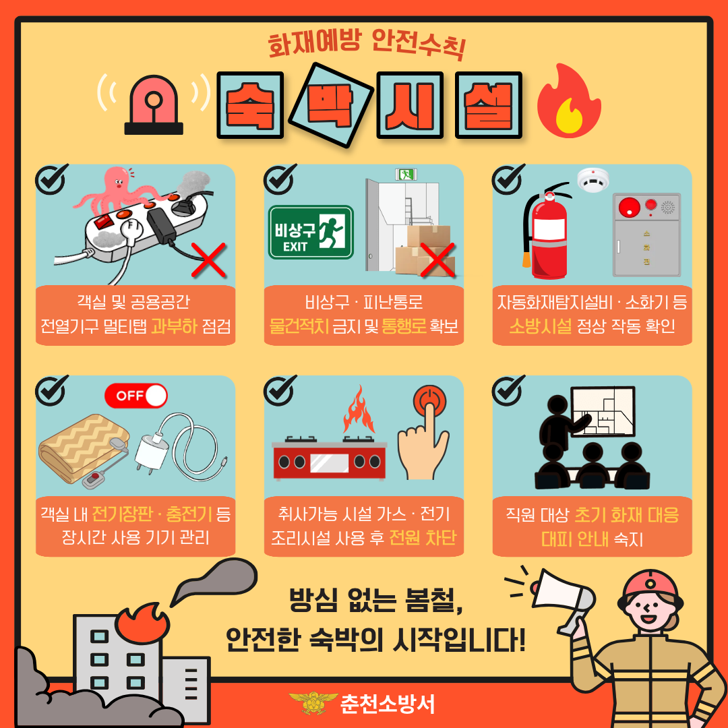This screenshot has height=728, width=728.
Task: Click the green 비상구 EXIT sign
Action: (x=311, y=232)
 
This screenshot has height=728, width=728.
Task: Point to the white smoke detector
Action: (x=593, y=180)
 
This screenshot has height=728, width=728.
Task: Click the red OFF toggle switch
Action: (x=136, y=396)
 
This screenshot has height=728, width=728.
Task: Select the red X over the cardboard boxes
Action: (x=437, y=260)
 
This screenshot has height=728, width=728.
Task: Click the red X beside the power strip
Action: (x=208, y=260)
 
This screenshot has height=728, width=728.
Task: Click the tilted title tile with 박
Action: (x=331, y=105)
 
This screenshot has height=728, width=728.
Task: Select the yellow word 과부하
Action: (x=174, y=326)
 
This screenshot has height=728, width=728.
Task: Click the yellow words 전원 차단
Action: (x=423, y=538)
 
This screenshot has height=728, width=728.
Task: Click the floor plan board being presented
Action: (x=602, y=411)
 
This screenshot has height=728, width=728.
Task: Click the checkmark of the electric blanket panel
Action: (x=51, y=390)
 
